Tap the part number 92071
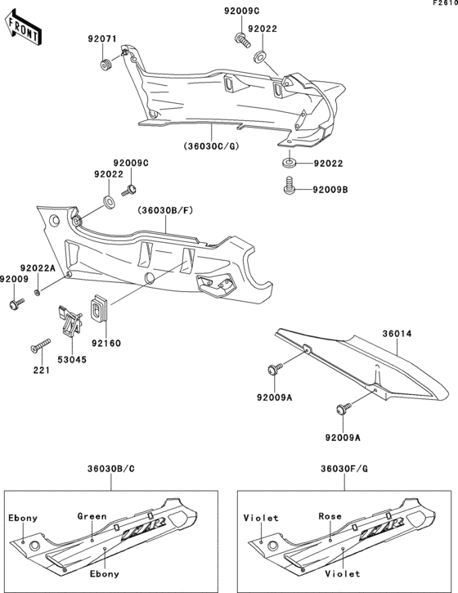(104, 39)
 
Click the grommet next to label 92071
(106, 64)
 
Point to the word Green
(92, 516)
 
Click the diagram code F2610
(445, 4)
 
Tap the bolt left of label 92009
(15, 305)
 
